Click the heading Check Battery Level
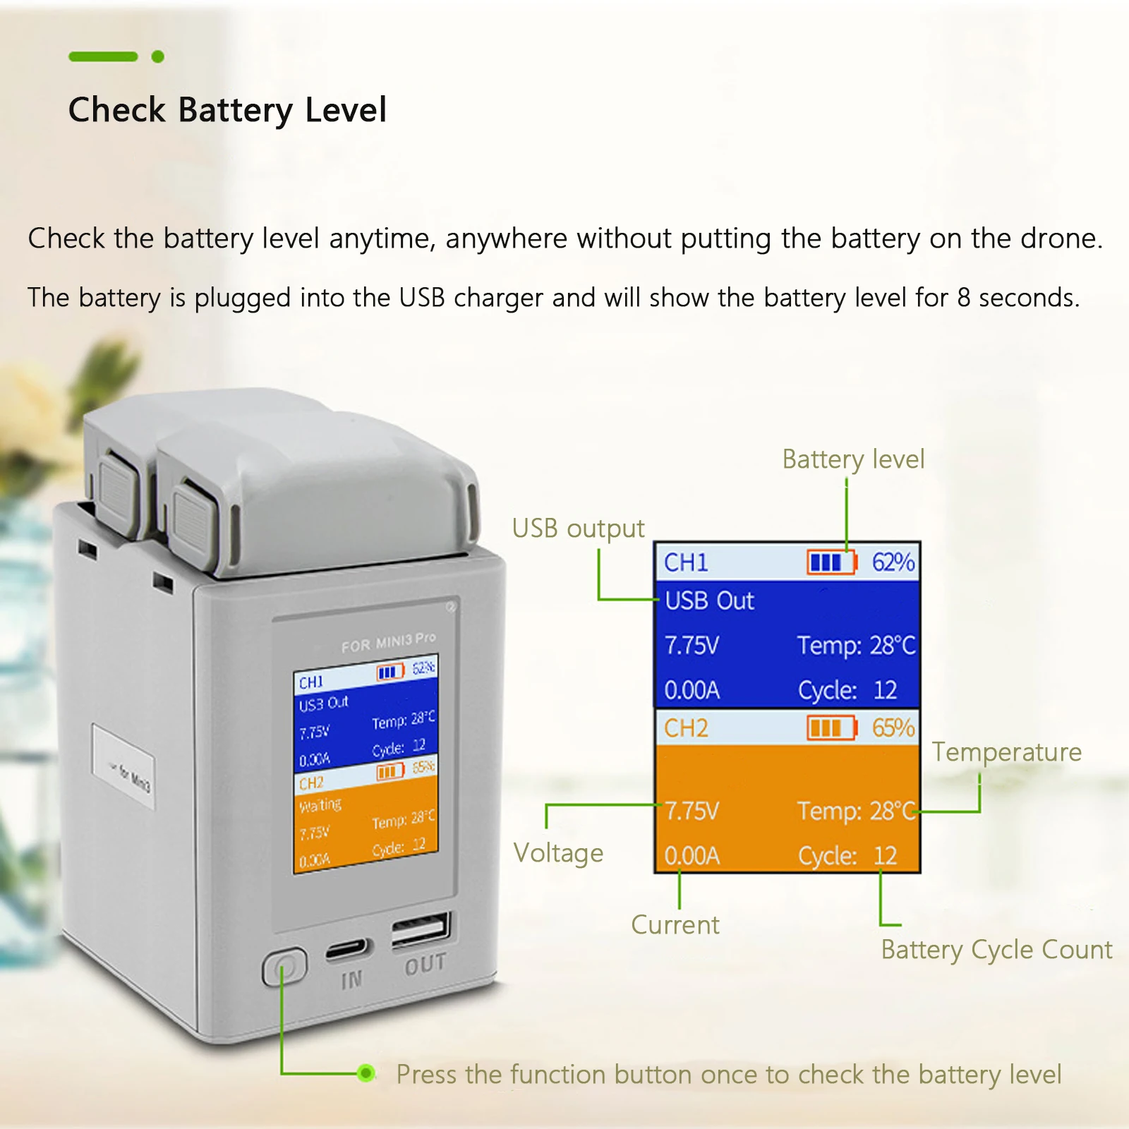(x=227, y=110)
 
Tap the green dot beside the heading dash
(x=158, y=56)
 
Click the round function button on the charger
(x=285, y=967)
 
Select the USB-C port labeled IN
(x=348, y=950)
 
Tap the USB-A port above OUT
(x=421, y=929)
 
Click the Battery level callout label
(x=853, y=459)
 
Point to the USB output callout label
(x=578, y=529)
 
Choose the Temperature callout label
(x=1006, y=752)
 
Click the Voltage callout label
(x=558, y=853)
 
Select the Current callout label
(x=675, y=925)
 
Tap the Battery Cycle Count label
(x=996, y=950)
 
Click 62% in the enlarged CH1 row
(x=893, y=562)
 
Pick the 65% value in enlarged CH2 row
(x=893, y=727)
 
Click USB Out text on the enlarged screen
(x=709, y=600)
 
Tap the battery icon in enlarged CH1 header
(x=831, y=562)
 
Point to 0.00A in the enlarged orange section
(x=692, y=856)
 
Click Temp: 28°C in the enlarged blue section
(x=856, y=646)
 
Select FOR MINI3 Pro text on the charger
(x=388, y=642)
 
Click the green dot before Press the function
(x=366, y=1073)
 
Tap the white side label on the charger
(x=123, y=768)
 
